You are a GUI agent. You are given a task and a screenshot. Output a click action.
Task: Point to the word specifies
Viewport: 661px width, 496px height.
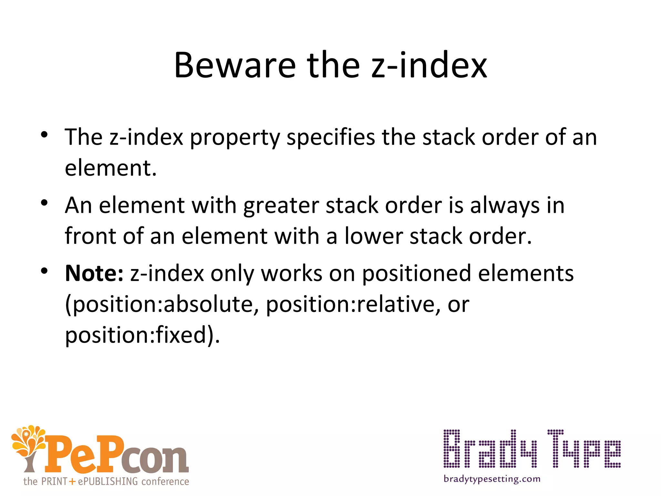(x=331, y=137)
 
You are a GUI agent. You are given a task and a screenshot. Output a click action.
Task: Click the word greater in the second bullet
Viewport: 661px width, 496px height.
(x=281, y=206)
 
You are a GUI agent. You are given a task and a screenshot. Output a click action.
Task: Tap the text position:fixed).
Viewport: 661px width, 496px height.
(x=142, y=335)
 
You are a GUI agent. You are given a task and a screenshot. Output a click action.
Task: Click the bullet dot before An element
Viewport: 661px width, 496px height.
(x=45, y=203)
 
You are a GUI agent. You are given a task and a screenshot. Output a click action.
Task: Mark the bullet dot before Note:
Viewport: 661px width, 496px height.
(x=45, y=271)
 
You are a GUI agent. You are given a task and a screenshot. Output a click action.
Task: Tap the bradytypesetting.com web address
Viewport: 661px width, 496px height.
(x=492, y=479)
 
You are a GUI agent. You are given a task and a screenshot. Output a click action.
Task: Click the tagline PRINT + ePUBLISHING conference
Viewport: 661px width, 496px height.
(x=106, y=481)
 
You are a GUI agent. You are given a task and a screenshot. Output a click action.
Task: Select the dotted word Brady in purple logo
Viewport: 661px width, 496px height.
(x=490, y=449)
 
